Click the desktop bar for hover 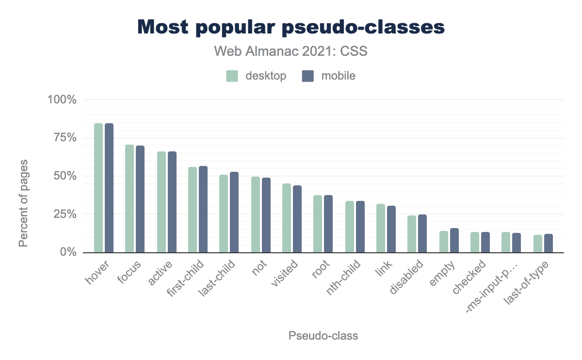click(x=98, y=188)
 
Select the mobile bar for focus click(x=140, y=199)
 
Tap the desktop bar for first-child click(x=193, y=210)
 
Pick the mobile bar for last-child click(x=234, y=212)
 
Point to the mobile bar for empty click(x=454, y=240)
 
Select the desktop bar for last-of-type click(x=537, y=244)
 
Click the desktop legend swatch click(x=232, y=76)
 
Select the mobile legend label click(x=338, y=76)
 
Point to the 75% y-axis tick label click(x=62, y=138)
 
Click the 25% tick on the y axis click(x=62, y=214)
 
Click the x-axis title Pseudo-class click(x=323, y=336)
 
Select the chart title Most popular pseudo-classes click(x=291, y=27)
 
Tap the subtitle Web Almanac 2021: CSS click(x=291, y=51)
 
